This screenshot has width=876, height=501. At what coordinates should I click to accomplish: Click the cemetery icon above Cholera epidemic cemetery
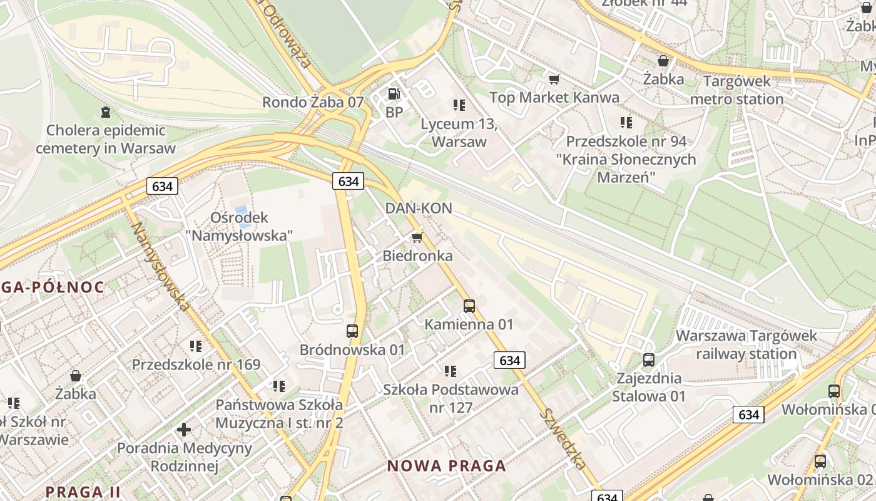[x=105, y=112]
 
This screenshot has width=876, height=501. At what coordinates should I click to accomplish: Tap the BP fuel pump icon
[x=394, y=95]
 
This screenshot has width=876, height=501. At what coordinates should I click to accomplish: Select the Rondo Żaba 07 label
[x=312, y=102]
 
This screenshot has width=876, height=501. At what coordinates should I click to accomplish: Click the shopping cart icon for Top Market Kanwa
[x=554, y=79]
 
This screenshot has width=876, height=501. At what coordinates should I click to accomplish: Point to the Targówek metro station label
[x=737, y=90]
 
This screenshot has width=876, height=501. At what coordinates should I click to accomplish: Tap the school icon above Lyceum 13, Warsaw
[x=459, y=105]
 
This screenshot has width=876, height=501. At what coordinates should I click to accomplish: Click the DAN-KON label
[x=419, y=208]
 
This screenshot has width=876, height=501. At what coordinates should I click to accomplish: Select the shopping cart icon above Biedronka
[x=417, y=237]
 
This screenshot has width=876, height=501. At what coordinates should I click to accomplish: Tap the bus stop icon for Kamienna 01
[x=469, y=306]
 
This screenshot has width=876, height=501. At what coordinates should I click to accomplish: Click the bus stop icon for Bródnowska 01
[x=352, y=331]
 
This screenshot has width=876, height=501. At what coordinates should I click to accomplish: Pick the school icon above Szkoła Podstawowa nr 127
[x=451, y=371]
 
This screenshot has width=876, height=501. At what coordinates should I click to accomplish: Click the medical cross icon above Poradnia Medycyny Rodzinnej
[x=184, y=430]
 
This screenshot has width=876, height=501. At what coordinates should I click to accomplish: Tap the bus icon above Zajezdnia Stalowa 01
[x=649, y=360]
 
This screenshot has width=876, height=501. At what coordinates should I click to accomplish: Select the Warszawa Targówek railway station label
[x=746, y=344]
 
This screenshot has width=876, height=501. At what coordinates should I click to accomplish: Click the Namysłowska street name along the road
[x=160, y=266]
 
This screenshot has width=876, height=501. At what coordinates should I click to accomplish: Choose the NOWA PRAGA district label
[x=446, y=466]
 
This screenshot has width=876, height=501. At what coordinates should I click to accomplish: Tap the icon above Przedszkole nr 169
[x=196, y=346]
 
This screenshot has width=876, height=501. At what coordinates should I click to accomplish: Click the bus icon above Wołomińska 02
[x=820, y=462]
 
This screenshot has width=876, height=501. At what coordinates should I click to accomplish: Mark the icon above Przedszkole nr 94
[x=626, y=123]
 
